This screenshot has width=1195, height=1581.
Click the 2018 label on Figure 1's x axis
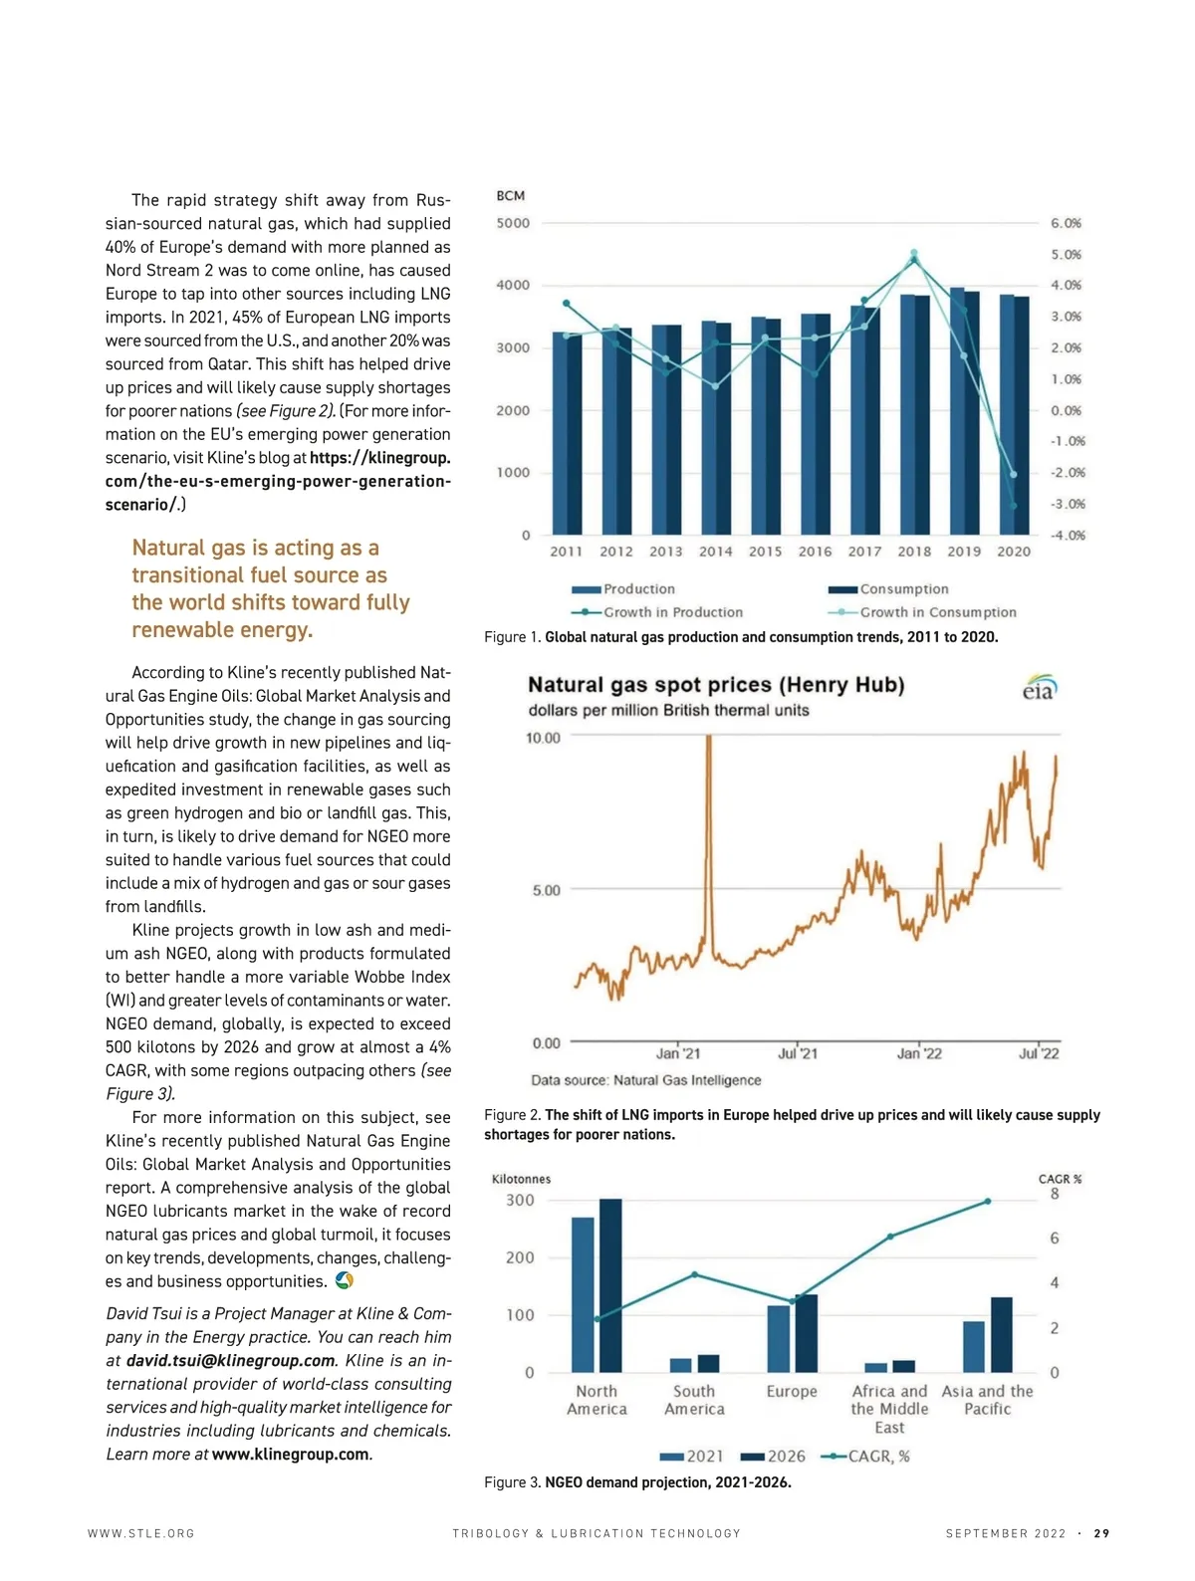pyautogui.click(x=914, y=552)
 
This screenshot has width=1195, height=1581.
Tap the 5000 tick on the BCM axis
pyautogui.click(x=513, y=223)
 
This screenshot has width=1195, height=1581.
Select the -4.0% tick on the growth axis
pyautogui.click(x=1067, y=536)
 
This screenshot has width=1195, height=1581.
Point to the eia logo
pyautogui.click(x=1039, y=688)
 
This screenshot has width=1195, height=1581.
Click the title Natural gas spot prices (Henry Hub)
pyautogui.click(x=715, y=685)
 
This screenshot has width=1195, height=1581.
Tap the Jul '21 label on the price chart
pyautogui.click(x=798, y=1053)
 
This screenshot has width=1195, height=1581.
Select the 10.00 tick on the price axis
pyautogui.click(x=544, y=738)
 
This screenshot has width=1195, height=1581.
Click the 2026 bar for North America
pyautogui.click(x=610, y=1285)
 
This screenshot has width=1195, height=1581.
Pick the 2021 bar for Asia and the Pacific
pyautogui.click(x=974, y=1347)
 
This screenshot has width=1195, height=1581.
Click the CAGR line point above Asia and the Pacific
pyautogui.click(x=988, y=1202)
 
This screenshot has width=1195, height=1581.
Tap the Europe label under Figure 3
pyautogui.click(x=792, y=1392)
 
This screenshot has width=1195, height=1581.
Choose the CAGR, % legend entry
pyautogui.click(x=865, y=1457)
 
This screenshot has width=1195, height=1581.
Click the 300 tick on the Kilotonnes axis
pyautogui.click(x=520, y=1201)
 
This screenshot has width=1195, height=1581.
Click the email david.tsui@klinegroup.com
pyautogui.click(x=230, y=1361)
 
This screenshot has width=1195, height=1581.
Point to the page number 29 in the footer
pyautogui.click(x=1101, y=1534)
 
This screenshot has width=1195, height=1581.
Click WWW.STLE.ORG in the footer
pyautogui.click(x=141, y=1534)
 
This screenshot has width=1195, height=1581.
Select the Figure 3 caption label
pyautogui.click(x=512, y=1482)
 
